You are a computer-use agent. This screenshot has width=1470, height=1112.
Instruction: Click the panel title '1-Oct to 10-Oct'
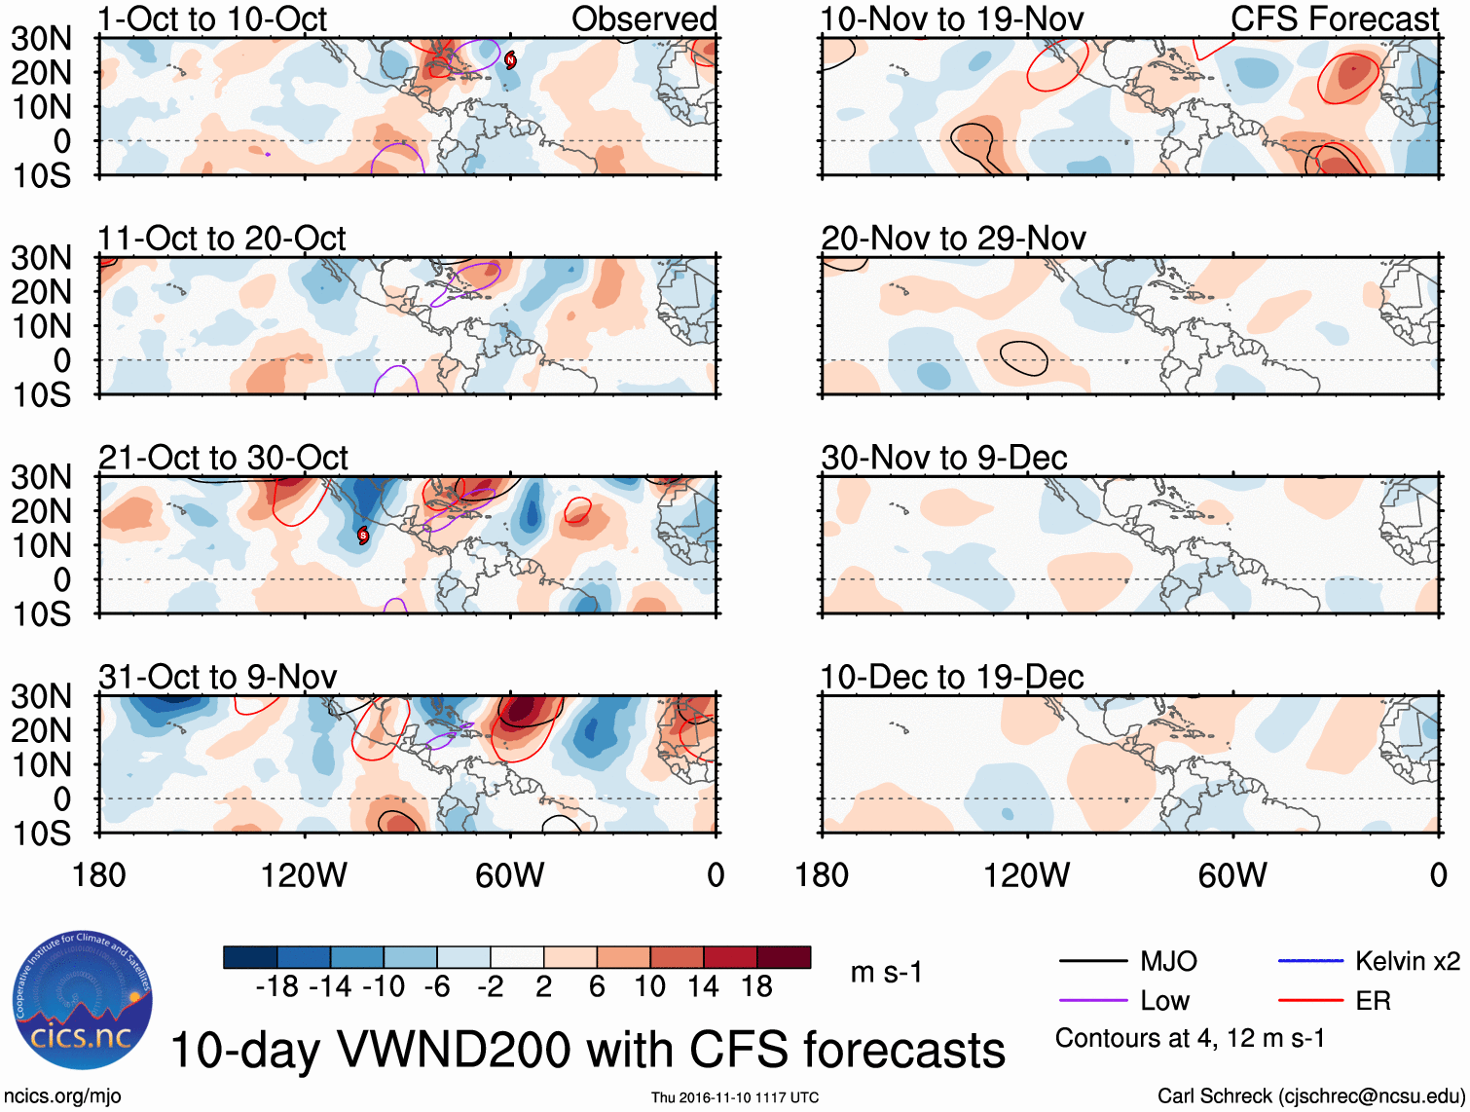pyautogui.click(x=212, y=19)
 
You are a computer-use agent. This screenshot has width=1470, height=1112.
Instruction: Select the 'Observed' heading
pyautogui.click(x=643, y=19)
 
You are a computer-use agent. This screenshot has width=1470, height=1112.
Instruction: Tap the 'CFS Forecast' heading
pyautogui.click(x=1334, y=19)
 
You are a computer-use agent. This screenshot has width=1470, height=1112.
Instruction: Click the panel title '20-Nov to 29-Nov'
pyautogui.click(x=953, y=239)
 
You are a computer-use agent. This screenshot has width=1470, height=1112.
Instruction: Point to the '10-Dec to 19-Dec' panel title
pyautogui.click(x=951, y=677)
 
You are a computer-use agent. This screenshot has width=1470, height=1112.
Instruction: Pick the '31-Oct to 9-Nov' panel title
pyautogui.click(x=217, y=677)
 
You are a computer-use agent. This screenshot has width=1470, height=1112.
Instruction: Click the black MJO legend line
pyautogui.click(x=1092, y=962)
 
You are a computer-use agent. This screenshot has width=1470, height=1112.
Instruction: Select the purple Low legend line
pyautogui.click(x=1092, y=1001)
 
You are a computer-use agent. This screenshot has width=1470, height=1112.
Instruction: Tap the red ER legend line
pyautogui.click(x=1310, y=1001)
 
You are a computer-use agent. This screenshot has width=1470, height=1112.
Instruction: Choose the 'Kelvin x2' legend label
pyautogui.click(x=1407, y=962)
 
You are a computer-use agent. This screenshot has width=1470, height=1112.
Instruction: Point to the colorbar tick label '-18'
pyautogui.click(x=276, y=987)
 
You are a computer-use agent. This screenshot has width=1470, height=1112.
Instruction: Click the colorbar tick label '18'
pyautogui.click(x=756, y=987)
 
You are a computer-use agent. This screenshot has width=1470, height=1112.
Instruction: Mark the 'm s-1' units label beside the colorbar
pyautogui.click(x=886, y=972)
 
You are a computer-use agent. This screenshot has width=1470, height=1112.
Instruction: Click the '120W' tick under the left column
pyautogui.click(x=304, y=875)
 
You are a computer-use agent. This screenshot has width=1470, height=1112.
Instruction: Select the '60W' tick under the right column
pyautogui.click(x=1232, y=875)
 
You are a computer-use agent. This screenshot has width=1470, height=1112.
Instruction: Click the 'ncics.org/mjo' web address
pyautogui.click(x=63, y=1096)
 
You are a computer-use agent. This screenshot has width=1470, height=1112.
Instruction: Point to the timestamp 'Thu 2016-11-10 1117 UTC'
pyautogui.click(x=735, y=1097)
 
